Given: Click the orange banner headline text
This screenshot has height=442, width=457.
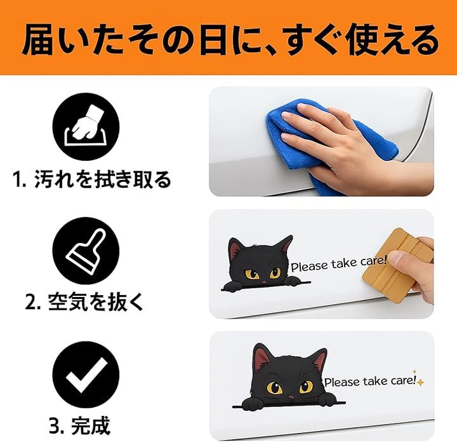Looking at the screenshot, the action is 230,41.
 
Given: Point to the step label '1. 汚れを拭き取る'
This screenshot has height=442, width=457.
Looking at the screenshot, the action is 92,179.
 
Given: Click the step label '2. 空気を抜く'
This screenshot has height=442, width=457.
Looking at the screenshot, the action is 84,301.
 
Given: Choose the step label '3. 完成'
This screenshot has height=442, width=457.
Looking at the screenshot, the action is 79,425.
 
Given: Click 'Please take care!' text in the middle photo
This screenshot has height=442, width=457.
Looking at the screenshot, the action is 339,264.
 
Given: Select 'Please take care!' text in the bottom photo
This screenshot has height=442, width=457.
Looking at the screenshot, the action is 369,382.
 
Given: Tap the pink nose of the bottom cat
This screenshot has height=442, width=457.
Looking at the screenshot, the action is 291,397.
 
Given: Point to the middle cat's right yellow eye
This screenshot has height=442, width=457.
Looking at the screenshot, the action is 275,273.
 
